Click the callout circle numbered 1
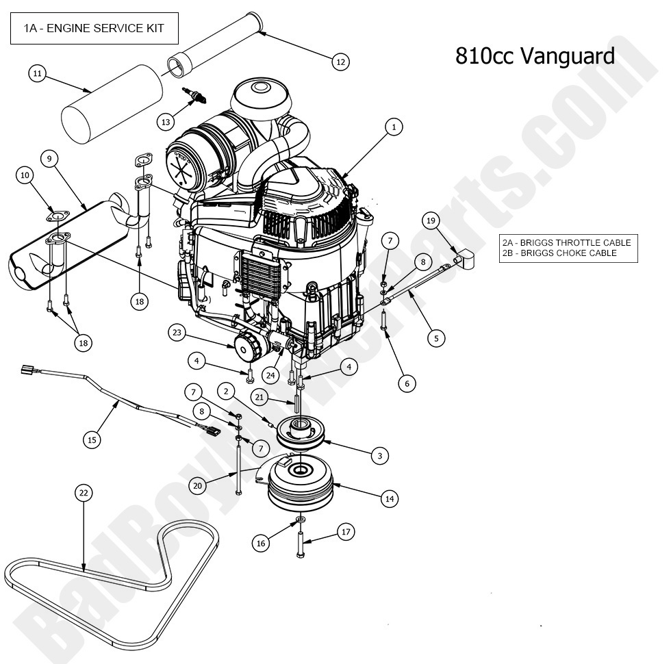pos(393,127)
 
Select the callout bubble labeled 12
pos(340,62)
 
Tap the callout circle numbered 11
pos(38,73)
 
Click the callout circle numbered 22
pos(84,493)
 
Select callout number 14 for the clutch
pos(390,499)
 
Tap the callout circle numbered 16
pos(260,543)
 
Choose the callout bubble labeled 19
pos(431,220)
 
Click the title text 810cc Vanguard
pos(535,55)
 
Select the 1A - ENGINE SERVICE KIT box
pos(94,29)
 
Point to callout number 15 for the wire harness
pos(92,439)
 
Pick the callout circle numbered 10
pos(25,176)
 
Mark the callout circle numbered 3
pos(379,455)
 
